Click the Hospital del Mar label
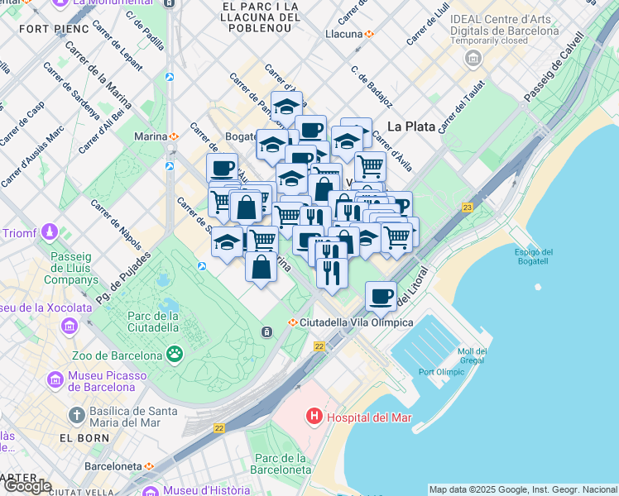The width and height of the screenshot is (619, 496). click(369, 417)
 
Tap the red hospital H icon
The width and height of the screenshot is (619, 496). click(314, 417)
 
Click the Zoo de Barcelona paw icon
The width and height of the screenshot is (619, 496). click(175, 355)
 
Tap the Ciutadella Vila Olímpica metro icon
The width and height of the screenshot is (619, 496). click(291, 322)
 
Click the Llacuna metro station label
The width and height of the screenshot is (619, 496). click(344, 34)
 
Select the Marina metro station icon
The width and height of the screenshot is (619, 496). click(175, 136)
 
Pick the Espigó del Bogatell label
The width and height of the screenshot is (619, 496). click(534, 257)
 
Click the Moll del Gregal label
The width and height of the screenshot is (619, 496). click(473, 355)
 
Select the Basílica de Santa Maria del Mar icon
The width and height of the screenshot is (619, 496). click(77, 415)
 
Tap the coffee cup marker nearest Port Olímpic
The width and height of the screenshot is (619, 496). click(381, 296)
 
